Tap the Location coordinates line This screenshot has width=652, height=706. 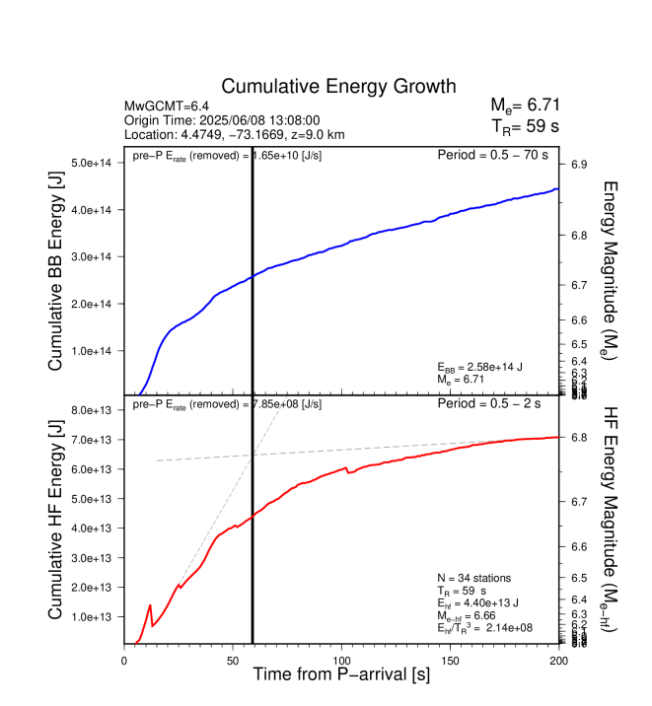tap(235, 134)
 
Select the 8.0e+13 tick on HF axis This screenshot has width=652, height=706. tap(96, 410)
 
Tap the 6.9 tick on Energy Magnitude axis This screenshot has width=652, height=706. tap(579, 164)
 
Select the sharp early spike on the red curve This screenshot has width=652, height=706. tap(150, 605)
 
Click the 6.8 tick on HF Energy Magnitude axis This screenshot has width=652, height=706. tap(579, 438)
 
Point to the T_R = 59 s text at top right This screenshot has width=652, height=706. tap(527, 126)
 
